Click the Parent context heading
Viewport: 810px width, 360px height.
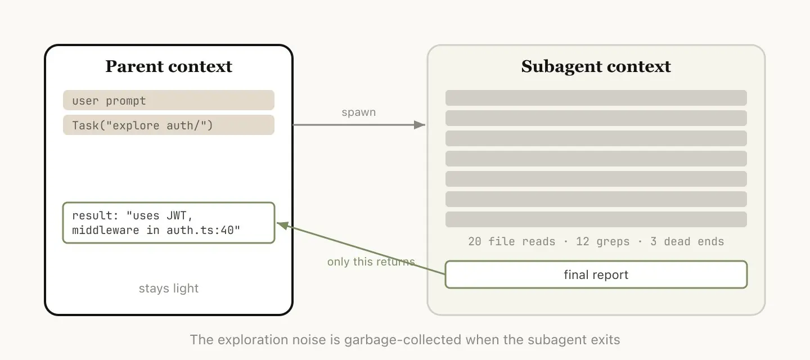tap(169, 66)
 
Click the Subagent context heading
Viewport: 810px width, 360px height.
tap(596, 66)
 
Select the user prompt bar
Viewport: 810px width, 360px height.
tap(168, 101)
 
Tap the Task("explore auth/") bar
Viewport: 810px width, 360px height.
tap(168, 125)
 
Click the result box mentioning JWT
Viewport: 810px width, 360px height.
tap(168, 223)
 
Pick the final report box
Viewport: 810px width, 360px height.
tap(596, 275)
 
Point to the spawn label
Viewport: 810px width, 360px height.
tap(358, 112)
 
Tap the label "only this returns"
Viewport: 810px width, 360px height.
tap(371, 262)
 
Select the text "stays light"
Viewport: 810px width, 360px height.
tap(169, 289)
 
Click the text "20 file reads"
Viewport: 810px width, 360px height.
tap(511, 241)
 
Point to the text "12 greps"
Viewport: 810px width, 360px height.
tap(602, 241)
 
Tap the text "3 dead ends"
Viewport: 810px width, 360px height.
tap(687, 241)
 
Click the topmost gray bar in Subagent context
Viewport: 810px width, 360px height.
tap(596, 98)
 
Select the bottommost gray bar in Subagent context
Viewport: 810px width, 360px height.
tap(596, 219)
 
